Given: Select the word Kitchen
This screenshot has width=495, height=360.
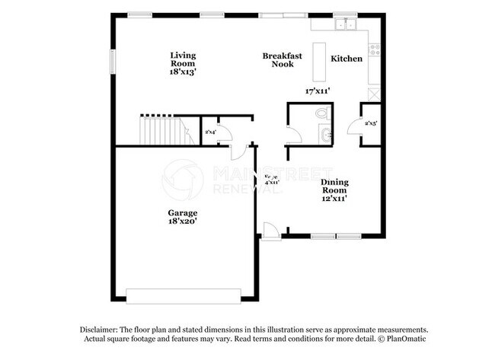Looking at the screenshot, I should (346, 59).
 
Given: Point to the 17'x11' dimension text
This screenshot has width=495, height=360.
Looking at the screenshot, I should (316, 91).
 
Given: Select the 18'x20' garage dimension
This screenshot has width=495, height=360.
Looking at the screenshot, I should (183, 221).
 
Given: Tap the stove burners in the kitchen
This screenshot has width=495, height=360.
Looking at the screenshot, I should (374, 50).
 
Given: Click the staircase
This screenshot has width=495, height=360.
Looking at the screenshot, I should (161, 130).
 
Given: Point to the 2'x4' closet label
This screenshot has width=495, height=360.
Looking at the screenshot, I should (210, 132).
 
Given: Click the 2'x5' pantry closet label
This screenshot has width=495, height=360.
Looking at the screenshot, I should (371, 123).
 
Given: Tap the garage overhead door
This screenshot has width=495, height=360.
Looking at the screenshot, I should (183, 295).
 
